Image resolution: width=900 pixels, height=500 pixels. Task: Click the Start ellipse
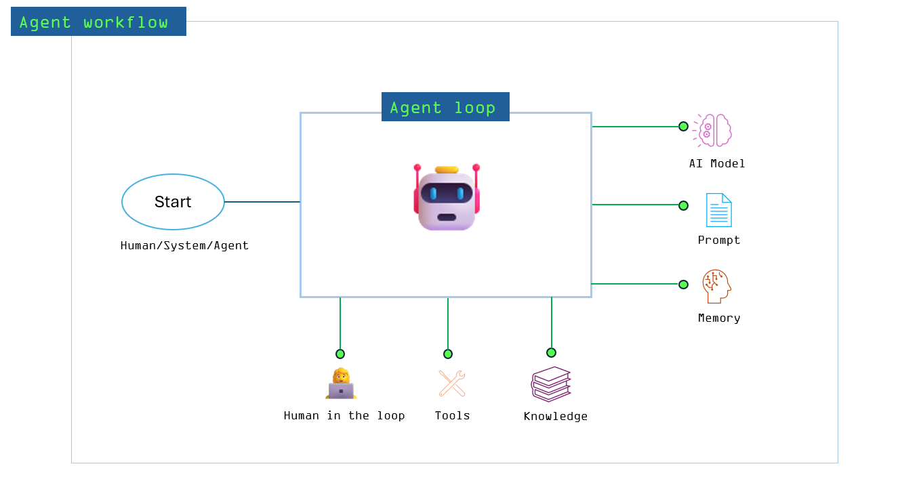click(173, 202)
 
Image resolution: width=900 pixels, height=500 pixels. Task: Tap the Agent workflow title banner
click(98, 22)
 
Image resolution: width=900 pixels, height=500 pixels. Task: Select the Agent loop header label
click(445, 107)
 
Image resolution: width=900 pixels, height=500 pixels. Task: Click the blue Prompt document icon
click(718, 210)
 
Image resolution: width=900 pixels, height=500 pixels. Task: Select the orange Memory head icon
click(716, 286)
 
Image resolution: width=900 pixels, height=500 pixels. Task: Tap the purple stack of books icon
click(551, 384)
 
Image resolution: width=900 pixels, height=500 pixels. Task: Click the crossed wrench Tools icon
click(451, 383)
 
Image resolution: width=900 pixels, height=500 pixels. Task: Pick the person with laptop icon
click(341, 384)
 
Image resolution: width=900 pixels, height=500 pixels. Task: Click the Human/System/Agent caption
click(184, 245)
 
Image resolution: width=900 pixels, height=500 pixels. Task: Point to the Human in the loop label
click(344, 415)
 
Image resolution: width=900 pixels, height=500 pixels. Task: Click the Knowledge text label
click(555, 416)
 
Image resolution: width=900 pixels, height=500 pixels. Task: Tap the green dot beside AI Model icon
click(683, 127)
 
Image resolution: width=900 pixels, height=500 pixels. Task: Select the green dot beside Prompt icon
click(683, 205)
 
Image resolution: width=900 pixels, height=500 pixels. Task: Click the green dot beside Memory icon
click(683, 285)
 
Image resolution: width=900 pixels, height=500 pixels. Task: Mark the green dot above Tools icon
click(448, 354)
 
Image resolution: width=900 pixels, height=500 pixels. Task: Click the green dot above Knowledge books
click(551, 352)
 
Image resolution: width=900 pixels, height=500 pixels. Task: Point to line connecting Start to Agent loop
click(262, 202)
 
